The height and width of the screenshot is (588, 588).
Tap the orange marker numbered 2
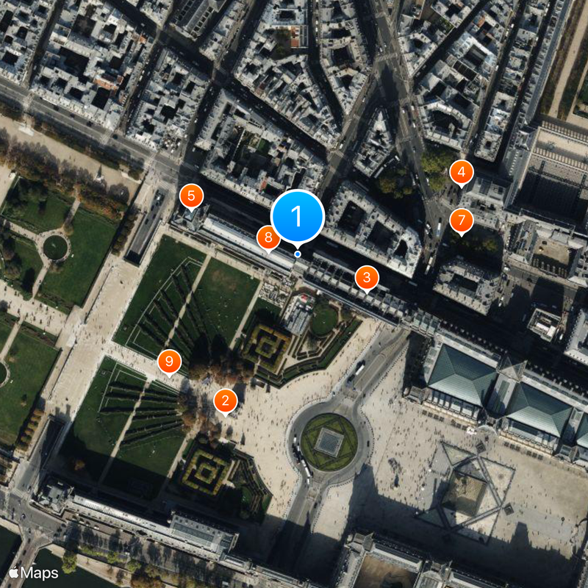225,401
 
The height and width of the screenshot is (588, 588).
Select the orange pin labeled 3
366,278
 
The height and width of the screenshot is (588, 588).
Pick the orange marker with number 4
462,172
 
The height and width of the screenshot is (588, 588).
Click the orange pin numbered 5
191,196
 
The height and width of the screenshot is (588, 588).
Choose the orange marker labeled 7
461,220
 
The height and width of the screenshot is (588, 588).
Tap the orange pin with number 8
268,237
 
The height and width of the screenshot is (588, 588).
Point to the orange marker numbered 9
169,361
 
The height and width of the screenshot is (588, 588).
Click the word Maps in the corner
40,572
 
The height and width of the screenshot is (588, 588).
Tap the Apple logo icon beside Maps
14,571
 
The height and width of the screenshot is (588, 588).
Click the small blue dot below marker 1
298,254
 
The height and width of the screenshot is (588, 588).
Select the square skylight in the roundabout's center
329,442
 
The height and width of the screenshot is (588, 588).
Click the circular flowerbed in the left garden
55,247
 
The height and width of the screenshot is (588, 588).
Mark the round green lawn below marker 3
324,320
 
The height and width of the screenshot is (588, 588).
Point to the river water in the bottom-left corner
7,544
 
